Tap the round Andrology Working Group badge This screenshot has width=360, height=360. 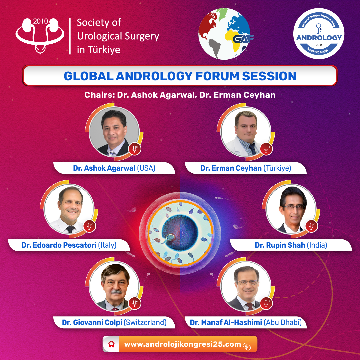point(319,34)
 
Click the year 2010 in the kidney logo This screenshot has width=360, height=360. point(40,21)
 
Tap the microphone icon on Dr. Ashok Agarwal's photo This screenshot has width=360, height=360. point(135,149)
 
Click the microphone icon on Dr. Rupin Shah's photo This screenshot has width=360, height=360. point(312,226)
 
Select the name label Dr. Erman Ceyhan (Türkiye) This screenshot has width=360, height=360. point(246,168)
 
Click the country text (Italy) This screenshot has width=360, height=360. point(107,245)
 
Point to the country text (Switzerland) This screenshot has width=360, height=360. point(145,322)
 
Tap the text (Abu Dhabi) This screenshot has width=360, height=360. point(283,322)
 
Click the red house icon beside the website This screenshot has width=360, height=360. point(111,344)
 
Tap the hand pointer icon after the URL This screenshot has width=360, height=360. point(247,346)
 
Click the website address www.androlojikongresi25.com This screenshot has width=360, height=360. point(183,344)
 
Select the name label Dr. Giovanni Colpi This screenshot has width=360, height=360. point(92,322)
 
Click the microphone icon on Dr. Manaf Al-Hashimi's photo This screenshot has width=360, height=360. point(266,303)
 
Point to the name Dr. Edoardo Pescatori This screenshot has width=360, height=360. point(59,245)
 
